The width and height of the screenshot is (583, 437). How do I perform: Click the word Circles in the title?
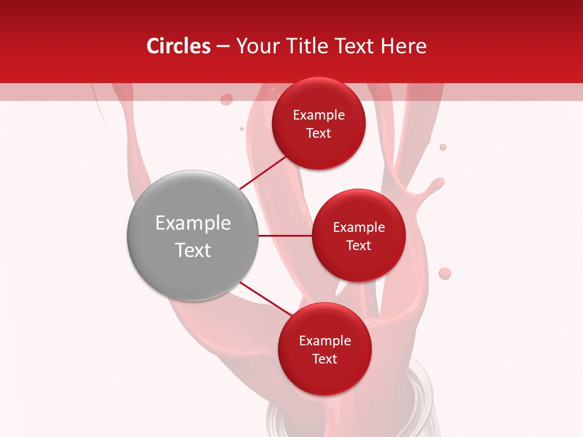click(x=178, y=46)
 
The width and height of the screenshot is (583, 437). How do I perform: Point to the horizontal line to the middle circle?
click(x=285, y=235)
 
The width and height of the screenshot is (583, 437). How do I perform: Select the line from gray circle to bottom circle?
click(x=265, y=298)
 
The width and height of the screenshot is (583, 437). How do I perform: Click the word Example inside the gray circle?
click(x=193, y=223)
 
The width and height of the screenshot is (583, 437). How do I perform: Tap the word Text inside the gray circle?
click(x=193, y=250)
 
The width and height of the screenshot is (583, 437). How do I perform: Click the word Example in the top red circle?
click(x=319, y=115)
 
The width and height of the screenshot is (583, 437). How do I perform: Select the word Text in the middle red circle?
click(x=359, y=245)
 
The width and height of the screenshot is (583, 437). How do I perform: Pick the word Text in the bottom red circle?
click(x=324, y=359)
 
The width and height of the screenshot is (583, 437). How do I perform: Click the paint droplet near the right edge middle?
click(x=445, y=273)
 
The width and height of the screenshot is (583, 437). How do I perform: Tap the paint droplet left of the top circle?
click(x=227, y=99)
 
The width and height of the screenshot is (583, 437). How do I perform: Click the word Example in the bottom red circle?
click(x=324, y=340)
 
